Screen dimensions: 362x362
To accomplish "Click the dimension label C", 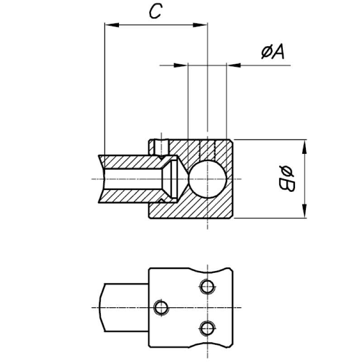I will coord(155,11).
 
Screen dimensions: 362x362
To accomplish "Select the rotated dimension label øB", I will coord(287,179).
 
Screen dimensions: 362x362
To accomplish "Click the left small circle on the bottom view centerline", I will coord(160,307).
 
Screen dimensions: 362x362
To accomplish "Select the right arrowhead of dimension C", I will coord(203,24).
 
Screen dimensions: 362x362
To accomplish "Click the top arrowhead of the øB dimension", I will coord(305,144).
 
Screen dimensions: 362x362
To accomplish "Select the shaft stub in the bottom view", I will coord(124,307).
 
